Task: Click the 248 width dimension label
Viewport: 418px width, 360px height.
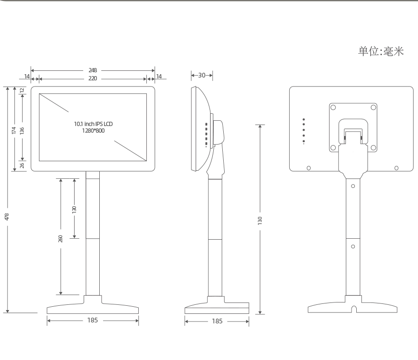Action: point(93,70)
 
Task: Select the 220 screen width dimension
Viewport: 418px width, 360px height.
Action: point(93,78)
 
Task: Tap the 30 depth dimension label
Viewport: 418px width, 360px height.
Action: point(202,75)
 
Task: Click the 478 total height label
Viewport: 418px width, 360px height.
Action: point(7,217)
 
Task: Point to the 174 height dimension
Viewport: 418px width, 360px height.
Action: point(14,130)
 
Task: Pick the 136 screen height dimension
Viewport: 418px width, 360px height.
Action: point(22,130)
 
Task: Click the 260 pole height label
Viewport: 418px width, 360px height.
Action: point(60,239)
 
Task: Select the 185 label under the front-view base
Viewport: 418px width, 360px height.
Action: point(93,320)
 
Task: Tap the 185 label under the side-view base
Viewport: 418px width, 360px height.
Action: point(217,321)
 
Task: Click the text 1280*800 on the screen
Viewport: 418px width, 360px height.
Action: point(93,131)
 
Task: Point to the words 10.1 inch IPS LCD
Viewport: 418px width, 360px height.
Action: point(93,124)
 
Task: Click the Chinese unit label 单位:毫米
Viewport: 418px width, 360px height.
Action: point(381,51)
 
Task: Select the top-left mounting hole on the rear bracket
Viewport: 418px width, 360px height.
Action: point(333,107)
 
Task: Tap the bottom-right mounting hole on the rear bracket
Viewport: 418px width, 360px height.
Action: point(373,147)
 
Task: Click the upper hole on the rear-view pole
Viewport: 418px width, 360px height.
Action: point(353,186)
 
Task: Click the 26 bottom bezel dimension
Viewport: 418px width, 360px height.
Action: point(22,165)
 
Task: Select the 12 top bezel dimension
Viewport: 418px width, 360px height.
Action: point(22,90)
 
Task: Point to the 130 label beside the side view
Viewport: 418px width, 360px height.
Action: point(260,221)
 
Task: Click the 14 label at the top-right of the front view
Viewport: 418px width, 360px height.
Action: point(159,77)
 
